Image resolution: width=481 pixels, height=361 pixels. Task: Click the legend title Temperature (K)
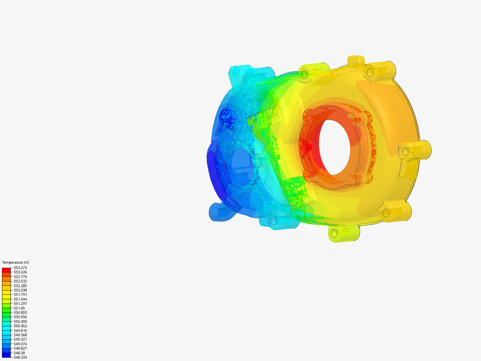click(x=15, y=262)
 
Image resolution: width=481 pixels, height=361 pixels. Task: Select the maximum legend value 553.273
click(x=20, y=268)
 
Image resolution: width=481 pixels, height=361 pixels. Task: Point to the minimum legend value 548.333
click(x=20, y=357)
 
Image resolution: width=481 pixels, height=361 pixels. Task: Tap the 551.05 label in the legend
click(x=19, y=308)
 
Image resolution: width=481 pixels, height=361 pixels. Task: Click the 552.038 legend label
click(x=20, y=290)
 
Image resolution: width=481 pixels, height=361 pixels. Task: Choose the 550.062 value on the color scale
click(x=20, y=326)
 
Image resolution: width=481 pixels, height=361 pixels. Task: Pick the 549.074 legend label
click(x=20, y=344)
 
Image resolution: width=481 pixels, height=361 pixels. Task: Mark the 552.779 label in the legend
click(x=20, y=277)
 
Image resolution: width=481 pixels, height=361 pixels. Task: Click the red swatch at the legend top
click(x=6, y=270)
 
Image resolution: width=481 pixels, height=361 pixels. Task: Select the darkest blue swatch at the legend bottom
click(x=6, y=355)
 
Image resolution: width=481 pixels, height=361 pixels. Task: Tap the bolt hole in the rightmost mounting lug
click(x=405, y=152)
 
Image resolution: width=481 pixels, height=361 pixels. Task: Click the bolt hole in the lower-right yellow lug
click(x=385, y=213)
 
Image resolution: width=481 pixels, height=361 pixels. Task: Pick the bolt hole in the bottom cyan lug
click(x=274, y=221)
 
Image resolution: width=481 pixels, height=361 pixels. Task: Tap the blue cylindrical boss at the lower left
click(x=216, y=212)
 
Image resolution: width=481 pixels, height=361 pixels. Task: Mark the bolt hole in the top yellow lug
click(x=304, y=74)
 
